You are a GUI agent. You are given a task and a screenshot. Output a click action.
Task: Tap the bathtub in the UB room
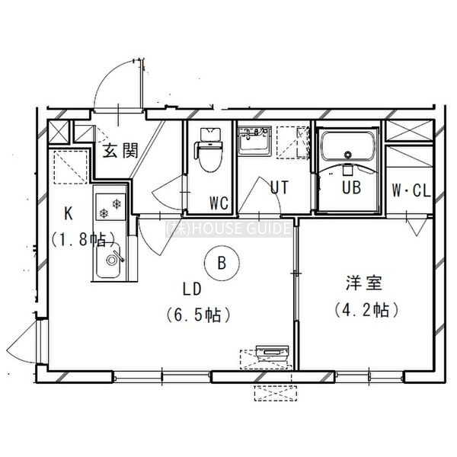click(x=347, y=145)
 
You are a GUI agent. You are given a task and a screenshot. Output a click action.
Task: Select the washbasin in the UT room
click(x=254, y=140)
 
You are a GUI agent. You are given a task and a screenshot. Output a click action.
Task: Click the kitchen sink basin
click(x=109, y=260)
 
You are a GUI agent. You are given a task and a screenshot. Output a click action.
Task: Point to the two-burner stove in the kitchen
click(x=110, y=206)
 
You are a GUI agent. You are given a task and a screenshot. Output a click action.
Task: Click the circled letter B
click(x=222, y=263)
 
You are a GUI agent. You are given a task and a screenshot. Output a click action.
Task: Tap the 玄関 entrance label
click(x=120, y=151)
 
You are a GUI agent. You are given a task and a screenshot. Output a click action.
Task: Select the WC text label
click(x=219, y=203)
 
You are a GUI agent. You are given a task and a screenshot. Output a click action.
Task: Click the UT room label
click(x=280, y=187)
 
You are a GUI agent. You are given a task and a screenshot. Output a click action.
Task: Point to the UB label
click(x=351, y=187)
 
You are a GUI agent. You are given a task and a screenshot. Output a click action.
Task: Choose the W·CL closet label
click(x=411, y=190)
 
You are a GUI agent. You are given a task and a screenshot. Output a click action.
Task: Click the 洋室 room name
click(x=364, y=283)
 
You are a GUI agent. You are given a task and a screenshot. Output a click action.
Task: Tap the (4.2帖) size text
click(x=366, y=310)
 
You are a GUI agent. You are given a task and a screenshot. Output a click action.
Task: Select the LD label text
click(x=192, y=289)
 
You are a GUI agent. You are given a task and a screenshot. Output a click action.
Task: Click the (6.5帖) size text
click(x=199, y=315)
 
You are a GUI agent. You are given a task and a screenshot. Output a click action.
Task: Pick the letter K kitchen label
click(x=69, y=213)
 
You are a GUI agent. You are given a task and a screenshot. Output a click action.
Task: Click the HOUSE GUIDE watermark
click(x=228, y=228)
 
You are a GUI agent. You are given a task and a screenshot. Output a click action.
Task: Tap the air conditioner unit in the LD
click(x=272, y=351)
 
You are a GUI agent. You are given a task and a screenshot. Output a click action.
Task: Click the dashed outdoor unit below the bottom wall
click(x=276, y=393)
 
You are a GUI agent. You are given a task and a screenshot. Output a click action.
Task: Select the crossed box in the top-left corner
click(x=59, y=132)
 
